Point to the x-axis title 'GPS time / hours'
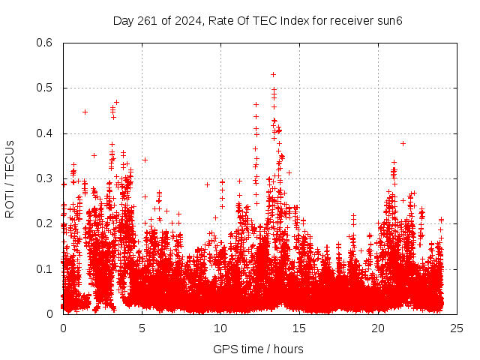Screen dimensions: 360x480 (x=258, y=349)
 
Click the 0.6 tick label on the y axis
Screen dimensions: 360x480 (x=46, y=43)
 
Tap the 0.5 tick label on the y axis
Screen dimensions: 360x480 (x=46, y=88)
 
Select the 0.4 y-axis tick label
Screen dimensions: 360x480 (x=46, y=133)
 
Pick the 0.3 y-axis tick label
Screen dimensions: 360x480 (x=46, y=178)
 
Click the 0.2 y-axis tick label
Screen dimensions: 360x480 (x=46, y=224)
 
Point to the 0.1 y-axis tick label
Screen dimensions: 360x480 (x=46, y=269)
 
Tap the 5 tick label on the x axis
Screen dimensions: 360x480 (x=142, y=328)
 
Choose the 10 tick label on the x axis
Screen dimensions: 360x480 (x=220, y=328)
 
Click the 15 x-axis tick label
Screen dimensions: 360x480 (x=299, y=328)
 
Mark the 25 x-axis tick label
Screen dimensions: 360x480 (x=456, y=328)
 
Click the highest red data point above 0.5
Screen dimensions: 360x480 (x=273, y=74)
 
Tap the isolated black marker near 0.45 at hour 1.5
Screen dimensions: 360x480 (x=85, y=112)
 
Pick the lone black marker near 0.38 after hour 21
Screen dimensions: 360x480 (x=403, y=143)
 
